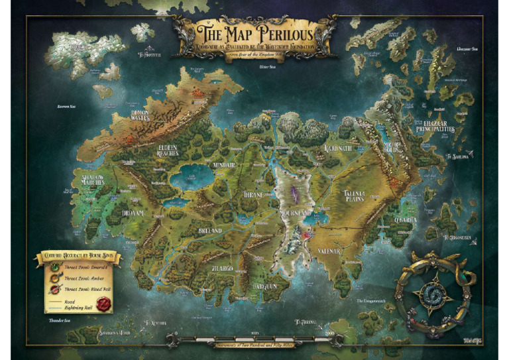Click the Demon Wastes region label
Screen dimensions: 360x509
click(140, 117)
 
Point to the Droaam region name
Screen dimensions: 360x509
click(133, 213)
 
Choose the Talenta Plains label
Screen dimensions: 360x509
click(359, 194)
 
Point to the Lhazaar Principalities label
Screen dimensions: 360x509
click(435, 126)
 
